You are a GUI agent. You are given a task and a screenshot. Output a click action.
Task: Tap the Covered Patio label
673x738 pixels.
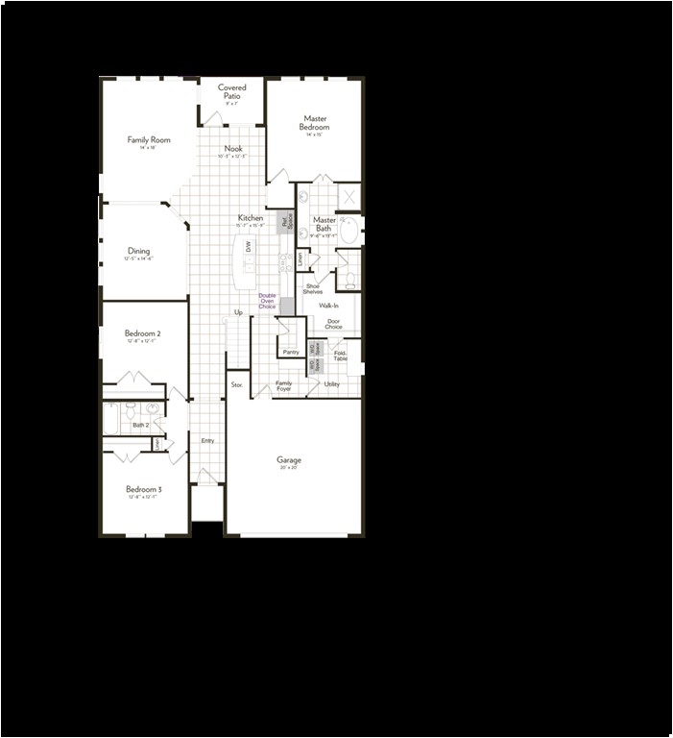coord(232,91)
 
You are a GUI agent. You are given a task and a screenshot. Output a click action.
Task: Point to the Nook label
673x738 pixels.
coord(233,149)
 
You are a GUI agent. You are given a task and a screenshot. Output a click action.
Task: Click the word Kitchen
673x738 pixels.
coord(251,218)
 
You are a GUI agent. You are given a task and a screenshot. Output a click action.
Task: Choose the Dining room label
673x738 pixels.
coord(138,251)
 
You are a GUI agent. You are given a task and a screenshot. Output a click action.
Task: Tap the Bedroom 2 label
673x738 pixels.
coord(142,333)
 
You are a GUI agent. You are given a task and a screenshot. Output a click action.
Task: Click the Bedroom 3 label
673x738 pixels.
coord(142,489)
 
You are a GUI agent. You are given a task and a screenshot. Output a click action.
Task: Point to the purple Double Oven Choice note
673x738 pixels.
coord(267,301)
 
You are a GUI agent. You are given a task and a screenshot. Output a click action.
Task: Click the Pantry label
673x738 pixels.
coord(291,352)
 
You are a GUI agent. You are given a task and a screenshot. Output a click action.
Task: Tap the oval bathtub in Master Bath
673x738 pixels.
coord(349,231)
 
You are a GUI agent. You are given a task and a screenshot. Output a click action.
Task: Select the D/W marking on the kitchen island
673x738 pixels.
coord(247,247)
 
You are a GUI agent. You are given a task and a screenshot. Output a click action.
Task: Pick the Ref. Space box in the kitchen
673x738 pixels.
coord(285,222)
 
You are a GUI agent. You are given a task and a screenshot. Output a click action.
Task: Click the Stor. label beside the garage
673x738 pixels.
coord(237,384)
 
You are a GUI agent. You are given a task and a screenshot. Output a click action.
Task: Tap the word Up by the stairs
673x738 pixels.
coord(238,312)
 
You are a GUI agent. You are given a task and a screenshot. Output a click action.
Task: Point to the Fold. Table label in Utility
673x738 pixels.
coord(341,355)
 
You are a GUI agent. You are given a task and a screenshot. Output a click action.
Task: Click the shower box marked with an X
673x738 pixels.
coord(349,195)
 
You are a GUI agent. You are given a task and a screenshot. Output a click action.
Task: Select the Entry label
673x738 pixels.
coord(207,440)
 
